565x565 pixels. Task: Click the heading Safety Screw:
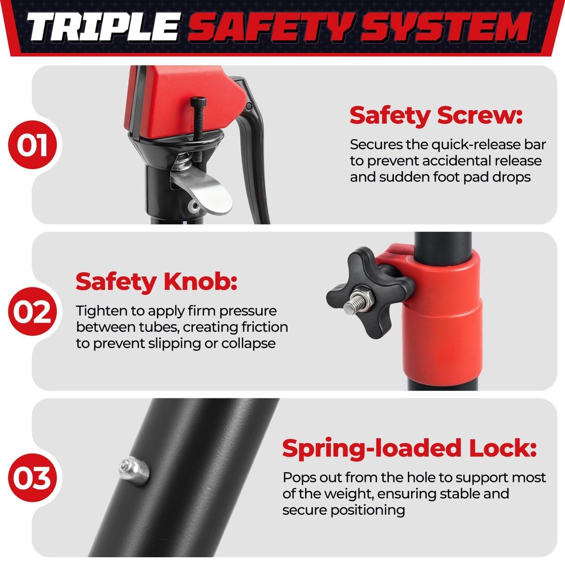tap(436, 116)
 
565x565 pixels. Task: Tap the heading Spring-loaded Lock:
tap(410, 449)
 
